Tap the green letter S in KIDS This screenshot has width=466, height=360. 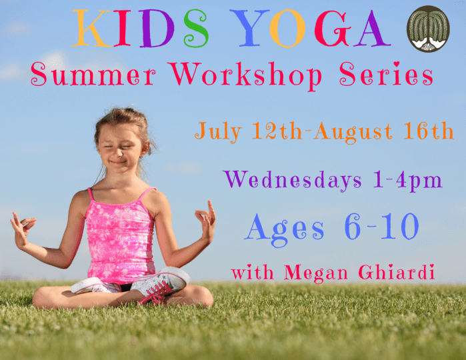(x=195, y=31)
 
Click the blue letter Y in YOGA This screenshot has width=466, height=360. (x=253, y=30)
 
